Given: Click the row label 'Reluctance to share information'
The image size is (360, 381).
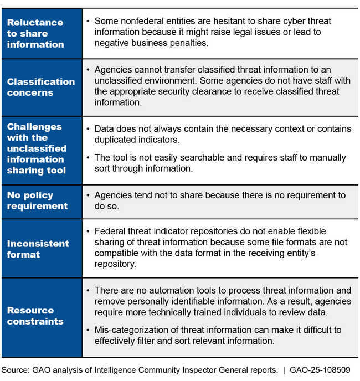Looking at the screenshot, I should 35,33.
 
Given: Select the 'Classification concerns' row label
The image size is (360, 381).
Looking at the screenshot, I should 40,87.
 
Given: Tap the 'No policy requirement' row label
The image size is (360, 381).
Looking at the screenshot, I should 37,200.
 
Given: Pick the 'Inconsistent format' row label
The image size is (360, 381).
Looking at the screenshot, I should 38,249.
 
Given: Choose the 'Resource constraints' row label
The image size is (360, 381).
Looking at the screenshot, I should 35,316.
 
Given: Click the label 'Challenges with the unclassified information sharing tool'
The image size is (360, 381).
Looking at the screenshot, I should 37,148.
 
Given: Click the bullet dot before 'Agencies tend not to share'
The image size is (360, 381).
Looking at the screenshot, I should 89,195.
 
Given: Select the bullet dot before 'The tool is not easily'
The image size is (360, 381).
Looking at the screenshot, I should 89,158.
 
